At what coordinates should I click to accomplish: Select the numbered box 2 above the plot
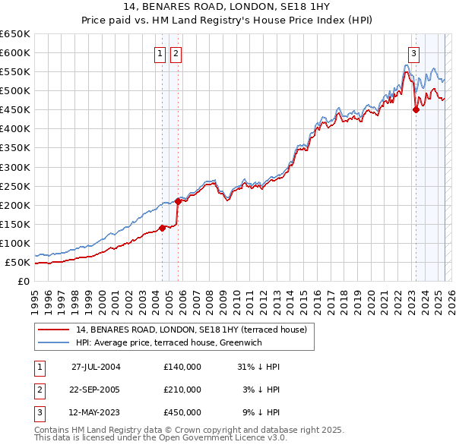[x=176, y=53]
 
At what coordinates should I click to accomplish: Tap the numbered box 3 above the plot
[x=413, y=53]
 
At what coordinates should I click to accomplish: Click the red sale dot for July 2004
[x=162, y=228]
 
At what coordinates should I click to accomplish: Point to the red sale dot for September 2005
[x=178, y=201]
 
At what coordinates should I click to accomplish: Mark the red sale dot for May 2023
[x=416, y=109]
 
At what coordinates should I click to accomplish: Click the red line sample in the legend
[x=54, y=330]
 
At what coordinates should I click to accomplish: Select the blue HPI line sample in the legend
[x=54, y=342]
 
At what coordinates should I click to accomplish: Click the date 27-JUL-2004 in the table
[x=96, y=367]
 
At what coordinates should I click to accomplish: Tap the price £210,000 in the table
[x=182, y=390]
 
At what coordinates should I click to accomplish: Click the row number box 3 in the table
[x=40, y=412]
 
